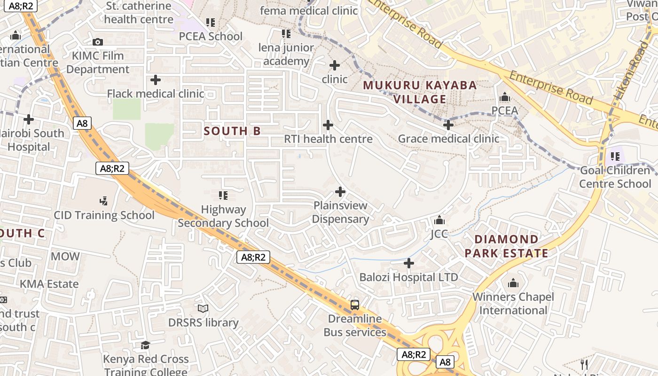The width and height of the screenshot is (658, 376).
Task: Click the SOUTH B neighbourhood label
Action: click(x=232, y=131)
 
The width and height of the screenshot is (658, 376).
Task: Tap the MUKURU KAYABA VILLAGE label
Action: click(x=420, y=92)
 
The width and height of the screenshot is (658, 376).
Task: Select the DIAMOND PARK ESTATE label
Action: click(x=506, y=246)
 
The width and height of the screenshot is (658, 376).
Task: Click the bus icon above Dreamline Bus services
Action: click(x=355, y=305)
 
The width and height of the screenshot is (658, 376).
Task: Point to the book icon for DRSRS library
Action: click(x=203, y=308)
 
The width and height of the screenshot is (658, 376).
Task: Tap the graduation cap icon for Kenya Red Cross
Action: click(x=146, y=345)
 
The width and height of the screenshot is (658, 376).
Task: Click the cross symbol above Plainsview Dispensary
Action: click(x=340, y=192)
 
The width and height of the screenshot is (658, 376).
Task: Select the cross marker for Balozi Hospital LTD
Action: click(x=409, y=263)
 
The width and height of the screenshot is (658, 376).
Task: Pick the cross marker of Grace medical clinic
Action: click(x=448, y=125)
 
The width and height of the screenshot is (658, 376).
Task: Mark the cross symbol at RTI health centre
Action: click(x=328, y=125)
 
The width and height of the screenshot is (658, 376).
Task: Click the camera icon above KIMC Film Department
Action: click(x=98, y=42)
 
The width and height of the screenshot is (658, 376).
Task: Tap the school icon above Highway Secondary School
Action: click(x=223, y=195)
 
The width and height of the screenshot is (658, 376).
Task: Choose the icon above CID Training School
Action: click(x=104, y=201)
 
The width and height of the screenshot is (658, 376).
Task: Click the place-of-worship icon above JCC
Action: click(x=439, y=220)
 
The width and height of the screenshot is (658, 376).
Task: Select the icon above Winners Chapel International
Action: click(x=513, y=283)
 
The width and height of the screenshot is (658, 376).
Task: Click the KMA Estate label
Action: click(x=49, y=284)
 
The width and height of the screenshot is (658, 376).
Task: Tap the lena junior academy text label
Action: click(x=286, y=55)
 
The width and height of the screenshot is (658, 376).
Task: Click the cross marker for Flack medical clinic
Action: click(x=156, y=80)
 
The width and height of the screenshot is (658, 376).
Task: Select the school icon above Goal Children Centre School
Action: click(x=615, y=156)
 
